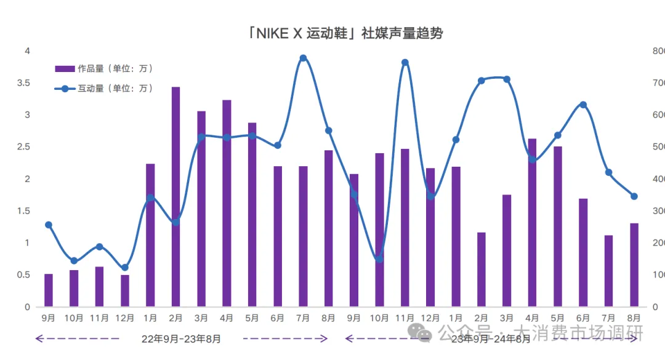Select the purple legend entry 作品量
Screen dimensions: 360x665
point(105,68)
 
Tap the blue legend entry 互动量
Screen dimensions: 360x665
point(105,89)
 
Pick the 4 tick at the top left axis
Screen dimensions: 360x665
point(26,50)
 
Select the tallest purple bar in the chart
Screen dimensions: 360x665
point(175,197)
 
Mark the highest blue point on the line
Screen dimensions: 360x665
point(303,58)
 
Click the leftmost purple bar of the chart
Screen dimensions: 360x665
point(49,290)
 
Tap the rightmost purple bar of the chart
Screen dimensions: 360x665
point(634,265)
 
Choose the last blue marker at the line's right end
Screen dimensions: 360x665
point(634,196)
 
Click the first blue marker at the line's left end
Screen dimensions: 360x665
point(49,225)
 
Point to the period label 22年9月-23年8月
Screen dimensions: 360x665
point(181,338)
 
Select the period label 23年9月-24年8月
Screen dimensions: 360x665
point(490,338)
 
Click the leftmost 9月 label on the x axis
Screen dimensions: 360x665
point(49,318)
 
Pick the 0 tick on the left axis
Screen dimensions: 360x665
point(26,306)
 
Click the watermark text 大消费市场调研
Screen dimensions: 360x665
point(579,333)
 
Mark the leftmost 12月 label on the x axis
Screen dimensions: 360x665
point(125,318)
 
